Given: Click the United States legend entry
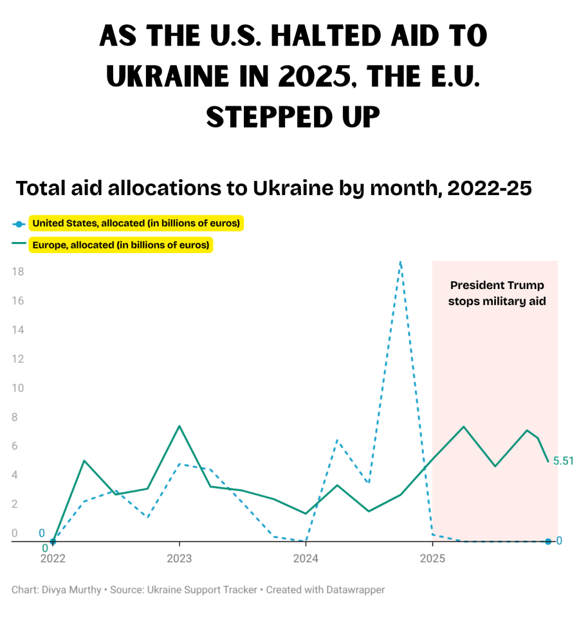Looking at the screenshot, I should [x=136, y=224].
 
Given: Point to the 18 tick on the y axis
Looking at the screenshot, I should [x=18, y=272].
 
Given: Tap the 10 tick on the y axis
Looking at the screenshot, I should [x=18, y=388].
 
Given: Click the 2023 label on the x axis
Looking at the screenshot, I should [x=179, y=558].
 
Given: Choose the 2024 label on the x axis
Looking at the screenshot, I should [x=306, y=558].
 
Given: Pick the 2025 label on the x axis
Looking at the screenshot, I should [x=432, y=558].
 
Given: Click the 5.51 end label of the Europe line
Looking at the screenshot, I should [x=563, y=461].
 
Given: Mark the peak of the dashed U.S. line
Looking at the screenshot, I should [x=400, y=262].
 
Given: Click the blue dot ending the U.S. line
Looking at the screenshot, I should [x=548, y=541].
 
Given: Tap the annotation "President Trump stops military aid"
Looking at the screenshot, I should [x=497, y=293].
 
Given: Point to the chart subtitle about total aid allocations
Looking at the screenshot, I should [x=273, y=189].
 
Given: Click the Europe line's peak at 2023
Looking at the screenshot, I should [x=179, y=426].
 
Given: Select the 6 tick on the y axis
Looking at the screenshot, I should [x=18, y=446].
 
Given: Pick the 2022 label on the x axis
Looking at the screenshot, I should [x=53, y=558].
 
